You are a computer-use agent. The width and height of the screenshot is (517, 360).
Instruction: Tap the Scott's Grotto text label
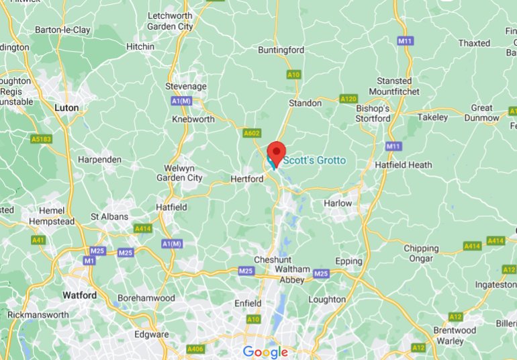point(314,161)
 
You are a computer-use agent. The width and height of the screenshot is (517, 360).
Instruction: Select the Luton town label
point(66,107)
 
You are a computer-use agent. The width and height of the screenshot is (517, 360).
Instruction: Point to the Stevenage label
point(186,87)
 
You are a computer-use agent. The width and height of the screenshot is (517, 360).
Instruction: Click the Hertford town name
point(246,179)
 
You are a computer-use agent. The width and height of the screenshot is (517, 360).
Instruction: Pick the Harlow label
point(338,203)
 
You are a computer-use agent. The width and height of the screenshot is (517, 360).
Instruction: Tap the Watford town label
point(79,295)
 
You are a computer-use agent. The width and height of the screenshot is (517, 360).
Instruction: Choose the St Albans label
point(109,217)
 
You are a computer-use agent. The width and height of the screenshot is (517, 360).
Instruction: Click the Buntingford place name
point(282,50)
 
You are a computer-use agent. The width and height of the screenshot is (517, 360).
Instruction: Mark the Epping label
point(348,261)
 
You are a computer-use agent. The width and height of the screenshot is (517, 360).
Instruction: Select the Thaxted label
point(475,43)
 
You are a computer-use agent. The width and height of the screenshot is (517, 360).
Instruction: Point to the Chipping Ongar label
point(421,253)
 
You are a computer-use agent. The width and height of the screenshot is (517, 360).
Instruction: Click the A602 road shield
point(251,134)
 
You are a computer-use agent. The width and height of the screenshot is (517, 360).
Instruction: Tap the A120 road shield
point(348,99)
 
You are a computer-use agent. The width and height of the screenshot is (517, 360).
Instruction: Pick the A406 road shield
point(195,349)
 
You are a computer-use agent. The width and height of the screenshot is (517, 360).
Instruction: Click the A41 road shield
point(38,239)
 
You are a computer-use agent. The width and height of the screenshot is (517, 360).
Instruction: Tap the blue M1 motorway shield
point(89,260)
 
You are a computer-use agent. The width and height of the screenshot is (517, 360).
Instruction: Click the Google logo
point(265,352)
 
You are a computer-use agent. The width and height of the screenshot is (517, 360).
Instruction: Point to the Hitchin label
point(140,46)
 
